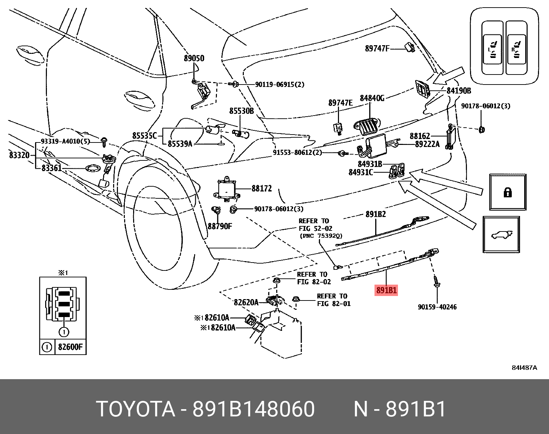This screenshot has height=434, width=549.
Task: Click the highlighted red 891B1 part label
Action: [386, 290]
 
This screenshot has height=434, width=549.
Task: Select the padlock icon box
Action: [508, 192]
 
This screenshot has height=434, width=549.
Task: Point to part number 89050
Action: [194, 58]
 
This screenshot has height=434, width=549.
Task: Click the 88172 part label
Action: [261, 188]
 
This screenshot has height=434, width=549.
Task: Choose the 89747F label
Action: [377, 49]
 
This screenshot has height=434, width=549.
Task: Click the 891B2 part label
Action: [376, 214]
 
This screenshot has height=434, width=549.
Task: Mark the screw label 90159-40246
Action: [437, 307]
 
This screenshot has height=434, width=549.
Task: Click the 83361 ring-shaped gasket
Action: [93, 169]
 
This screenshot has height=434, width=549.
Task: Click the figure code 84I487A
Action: [524, 368]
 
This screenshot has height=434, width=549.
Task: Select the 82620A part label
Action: [246, 302]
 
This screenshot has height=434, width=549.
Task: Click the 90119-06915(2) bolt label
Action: [280, 84]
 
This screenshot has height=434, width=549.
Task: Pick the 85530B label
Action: [241, 111]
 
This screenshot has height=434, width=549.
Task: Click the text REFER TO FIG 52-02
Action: [314, 224]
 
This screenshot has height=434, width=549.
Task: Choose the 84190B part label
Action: [459, 91]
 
